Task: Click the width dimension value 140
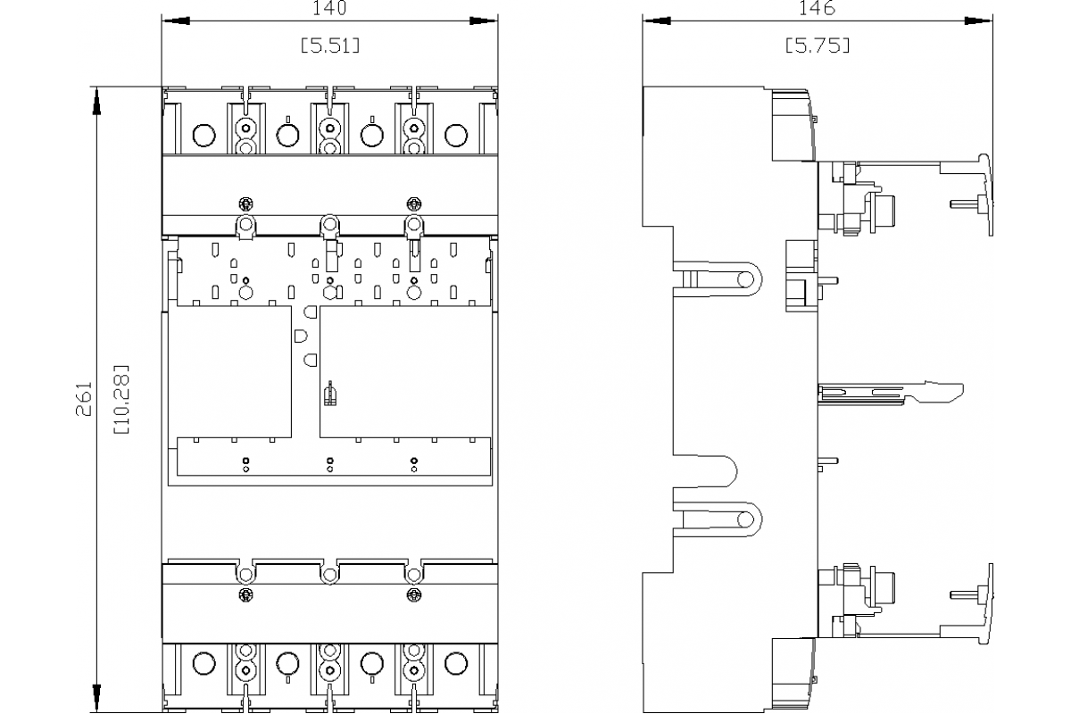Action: (329, 8)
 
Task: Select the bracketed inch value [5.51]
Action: (329, 45)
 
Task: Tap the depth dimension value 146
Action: (817, 8)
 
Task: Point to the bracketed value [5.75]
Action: (817, 45)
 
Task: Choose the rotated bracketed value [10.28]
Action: (120, 399)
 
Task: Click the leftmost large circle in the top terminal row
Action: (203, 136)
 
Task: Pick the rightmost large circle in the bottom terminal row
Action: (455, 663)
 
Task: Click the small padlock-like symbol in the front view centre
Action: (329, 394)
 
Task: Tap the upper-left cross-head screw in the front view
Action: (246, 201)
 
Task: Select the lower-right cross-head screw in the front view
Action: (412, 594)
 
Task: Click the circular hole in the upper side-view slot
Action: (743, 279)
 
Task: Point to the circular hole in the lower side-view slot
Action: (743, 519)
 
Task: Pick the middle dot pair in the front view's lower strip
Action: (329, 463)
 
